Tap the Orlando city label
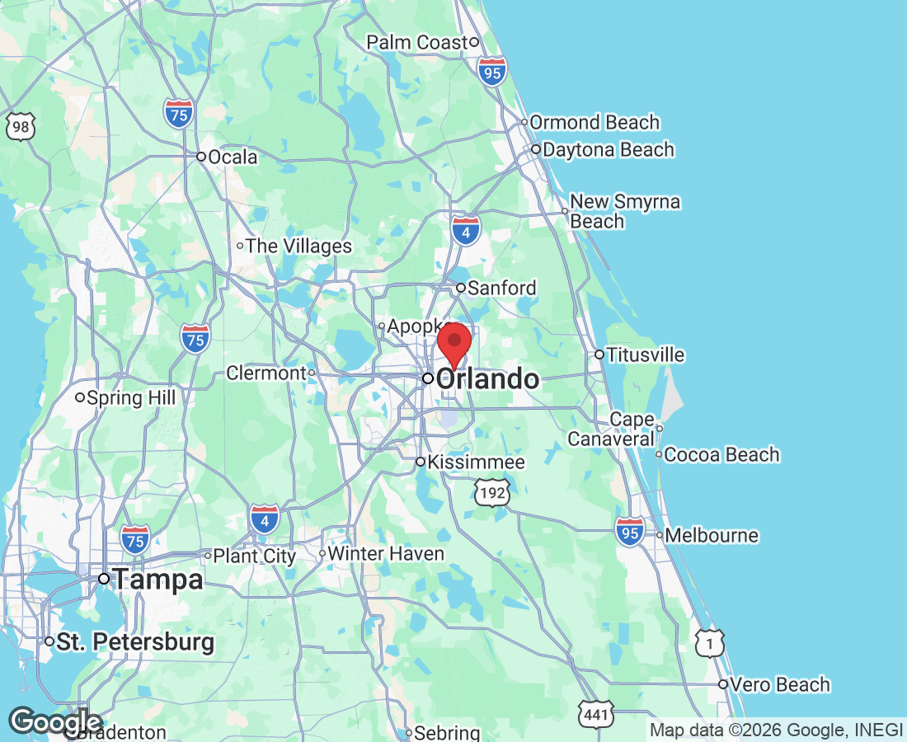click(x=487, y=379)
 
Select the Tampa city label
click(x=157, y=580)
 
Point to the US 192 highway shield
click(x=492, y=492)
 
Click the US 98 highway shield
click(x=20, y=126)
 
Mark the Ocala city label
click(x=233, y=157)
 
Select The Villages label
click(x=298, y=246)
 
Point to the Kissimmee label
click(x=477, y=462)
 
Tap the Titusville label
click(x=645, y=355)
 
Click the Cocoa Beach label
click(x=721, y=454)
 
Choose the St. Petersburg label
click(x=135, y=641)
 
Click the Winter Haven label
click(x=386, y=553)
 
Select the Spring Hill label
click(x=131, y=398)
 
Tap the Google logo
click(x=55, y=721)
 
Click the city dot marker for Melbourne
click(x=660, y=535)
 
